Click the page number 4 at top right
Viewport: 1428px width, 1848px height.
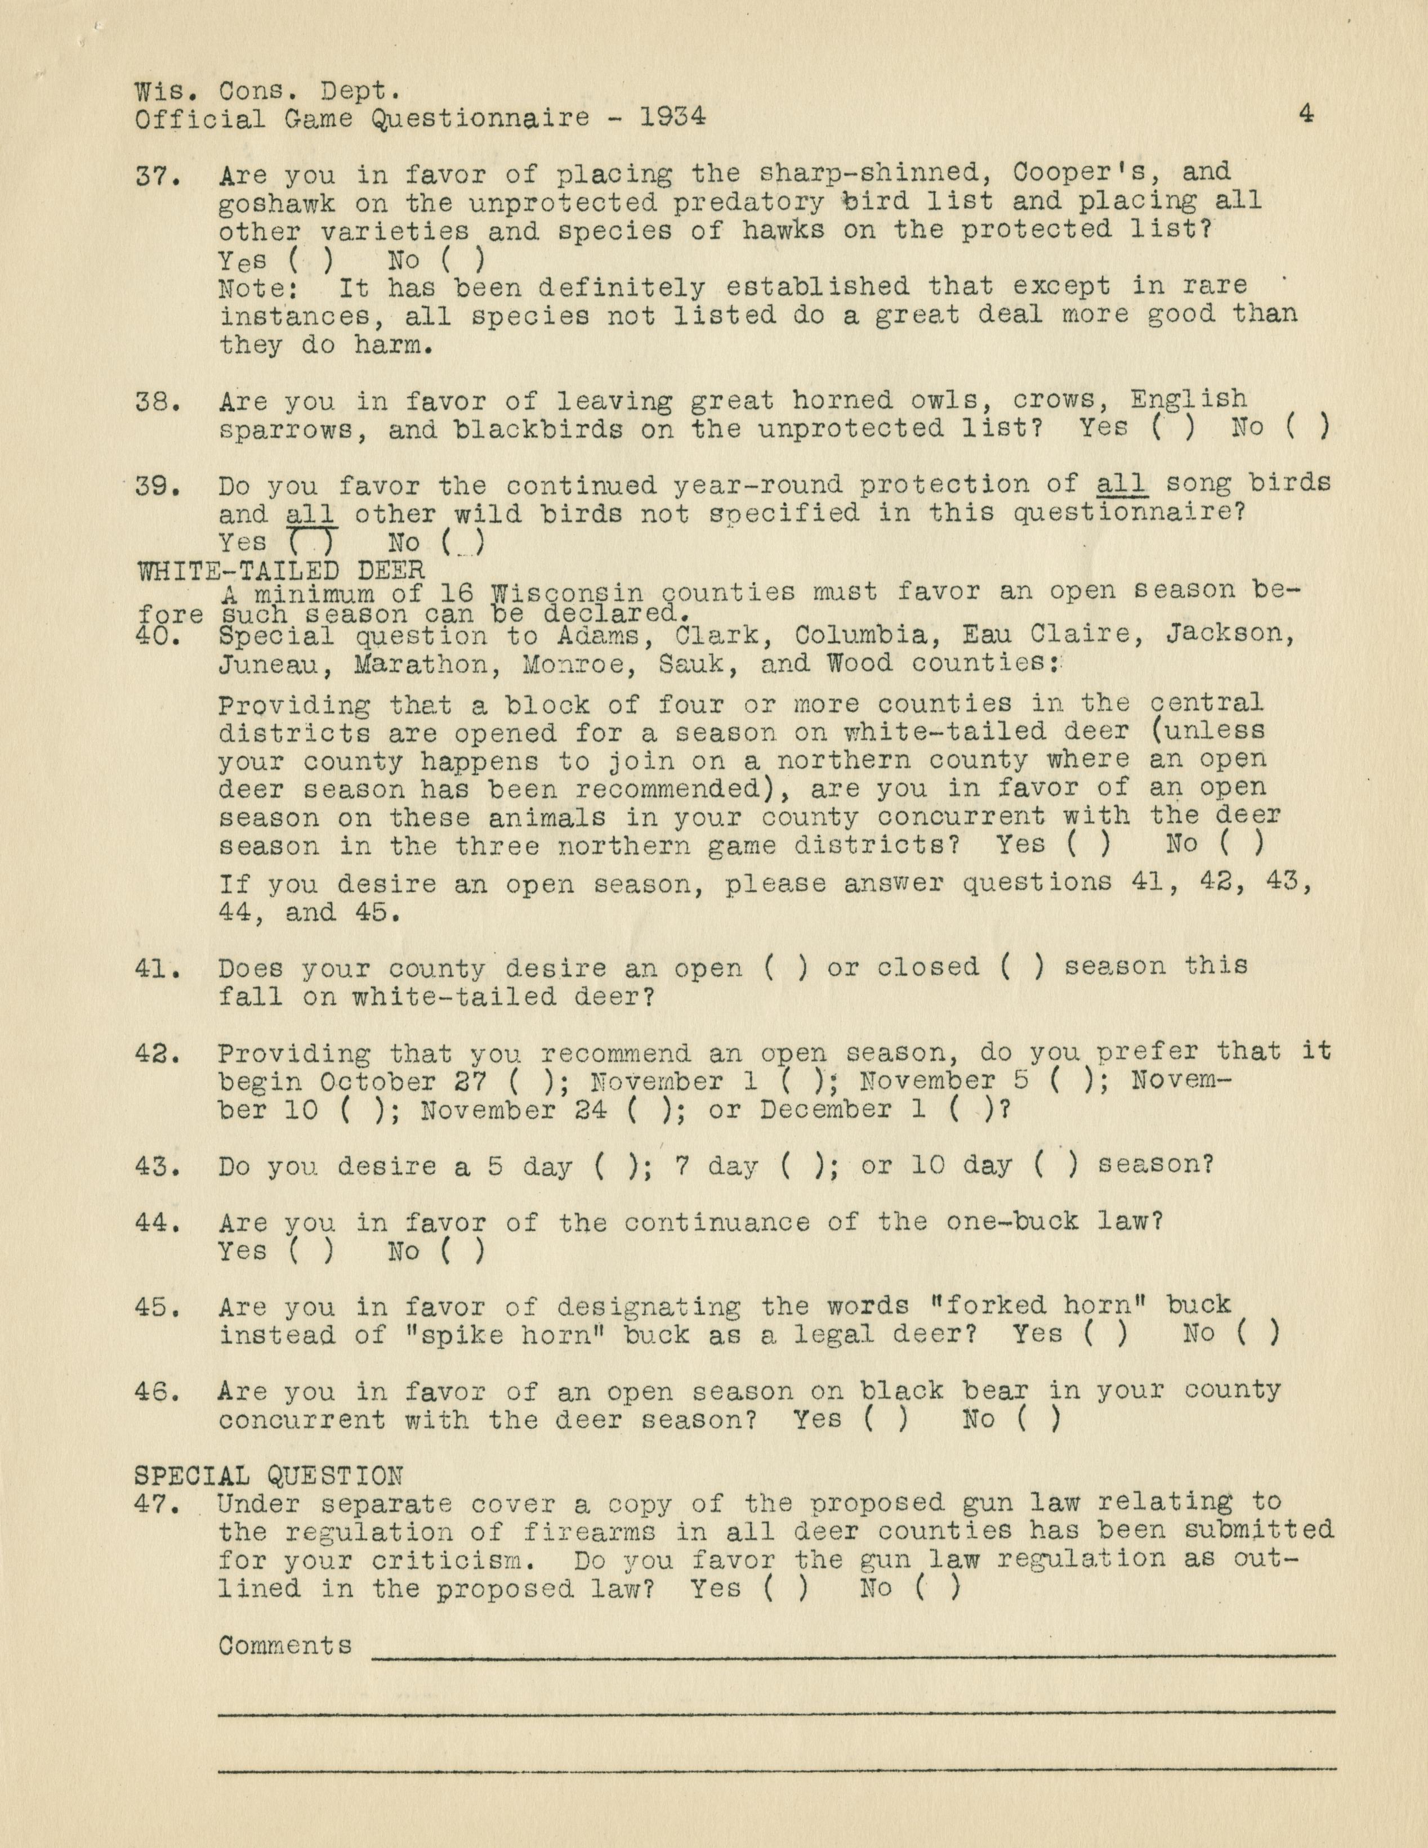(x=1306, y=114)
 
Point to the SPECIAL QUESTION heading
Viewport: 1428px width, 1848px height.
(x=269, y=1477)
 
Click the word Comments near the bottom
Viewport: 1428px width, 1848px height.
(x=284, y=1646)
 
